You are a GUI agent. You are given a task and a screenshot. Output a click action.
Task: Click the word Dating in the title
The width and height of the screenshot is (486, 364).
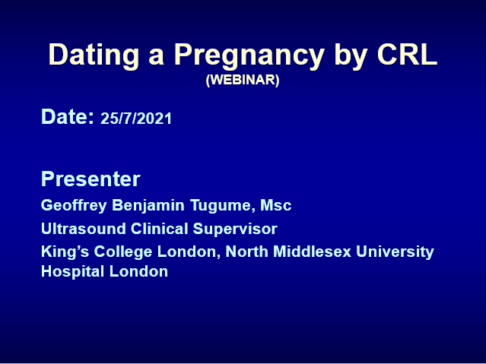pyautogui.click(x=94, y=55)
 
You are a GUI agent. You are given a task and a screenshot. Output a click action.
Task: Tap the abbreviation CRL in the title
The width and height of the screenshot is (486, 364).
pyautogui.click(x=407, y=54)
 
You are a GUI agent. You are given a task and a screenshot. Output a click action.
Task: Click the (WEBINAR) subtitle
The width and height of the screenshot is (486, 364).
pyautogui.click(x=243, y=80)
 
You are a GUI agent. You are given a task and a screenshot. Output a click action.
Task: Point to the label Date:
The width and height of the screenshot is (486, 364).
pyautogui.click(x=68, y=117)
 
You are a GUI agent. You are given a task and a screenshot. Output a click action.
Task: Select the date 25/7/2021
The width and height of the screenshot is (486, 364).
pyautogui.click(x=136, y=119)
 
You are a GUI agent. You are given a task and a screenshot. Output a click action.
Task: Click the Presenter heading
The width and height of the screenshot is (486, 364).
pyautogui.click(x=91, y=179)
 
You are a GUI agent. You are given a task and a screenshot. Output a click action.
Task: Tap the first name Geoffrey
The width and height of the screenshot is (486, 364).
pyautogui.click(x=74, y=206)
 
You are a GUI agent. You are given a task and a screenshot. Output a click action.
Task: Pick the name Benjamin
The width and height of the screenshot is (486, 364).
pyautogui.click(x=148, y=206)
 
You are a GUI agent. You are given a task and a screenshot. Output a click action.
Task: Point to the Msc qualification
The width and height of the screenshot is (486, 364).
pyautogui.click(x=276, y=205)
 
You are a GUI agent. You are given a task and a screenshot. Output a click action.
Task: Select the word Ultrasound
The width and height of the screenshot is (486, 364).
pyautogui.click(x=84, y=229)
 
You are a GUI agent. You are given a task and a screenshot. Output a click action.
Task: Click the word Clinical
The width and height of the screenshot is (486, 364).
pyautogui.click(x=159, y=229)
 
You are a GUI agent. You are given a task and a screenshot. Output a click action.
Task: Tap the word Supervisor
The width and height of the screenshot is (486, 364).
pyautogui.click(x=235, y=229)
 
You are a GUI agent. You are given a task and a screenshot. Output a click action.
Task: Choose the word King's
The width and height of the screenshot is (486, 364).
pyautogui.click(x=65, y=252)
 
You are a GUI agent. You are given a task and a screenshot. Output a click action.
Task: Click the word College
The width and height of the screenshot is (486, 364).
pyautogui.click(x=123, y=252)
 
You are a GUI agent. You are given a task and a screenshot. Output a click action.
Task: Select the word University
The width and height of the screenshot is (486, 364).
pyautogui.click(x=395, y=252)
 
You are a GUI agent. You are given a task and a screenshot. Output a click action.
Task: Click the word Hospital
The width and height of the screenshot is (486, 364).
pyautogui.click(x=73, y=272)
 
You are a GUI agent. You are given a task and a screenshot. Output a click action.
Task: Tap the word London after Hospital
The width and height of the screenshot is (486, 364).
pyautogui.click(x=138, y=271)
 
